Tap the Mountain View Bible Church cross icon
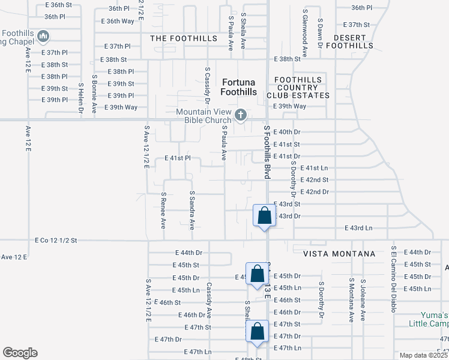[241, 114]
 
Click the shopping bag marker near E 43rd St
[264, 215]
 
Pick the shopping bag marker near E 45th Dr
[257, 274]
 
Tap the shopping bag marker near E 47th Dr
[257, 331]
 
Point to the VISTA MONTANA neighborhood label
[339, 254]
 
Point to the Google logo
[20, 353]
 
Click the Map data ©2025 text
[423, 355]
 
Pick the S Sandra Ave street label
[192, 210]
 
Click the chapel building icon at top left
[43, 37]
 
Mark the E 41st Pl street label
[177, 158]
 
